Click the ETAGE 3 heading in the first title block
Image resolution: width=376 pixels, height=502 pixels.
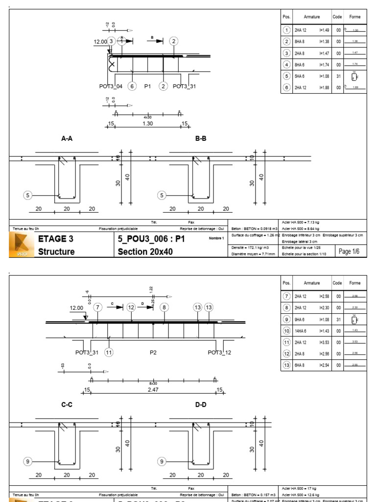(x=56, y=239)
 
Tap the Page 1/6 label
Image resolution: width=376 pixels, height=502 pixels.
(x=349, y=251)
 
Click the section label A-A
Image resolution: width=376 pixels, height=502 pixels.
(x=67, y=139)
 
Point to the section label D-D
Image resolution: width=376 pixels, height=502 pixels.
(x=201, y=405)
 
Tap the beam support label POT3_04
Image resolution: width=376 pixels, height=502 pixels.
(x=111, y=86)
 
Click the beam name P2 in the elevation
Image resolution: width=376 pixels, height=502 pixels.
(x=153, y=352)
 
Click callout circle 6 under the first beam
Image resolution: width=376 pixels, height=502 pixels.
(x=132, y=86)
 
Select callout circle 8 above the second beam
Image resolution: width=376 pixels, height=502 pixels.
(x=164, y=307)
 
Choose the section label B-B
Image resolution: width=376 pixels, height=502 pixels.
(x=201, y=139)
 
